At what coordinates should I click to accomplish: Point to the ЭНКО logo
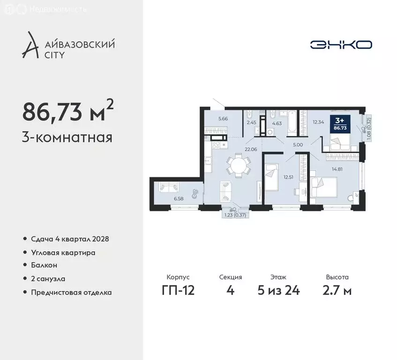click(x=341, y=45)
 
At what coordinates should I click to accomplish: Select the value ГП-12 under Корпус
click(x=178, y=290)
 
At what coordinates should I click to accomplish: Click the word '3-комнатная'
click(x=67, y=138)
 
